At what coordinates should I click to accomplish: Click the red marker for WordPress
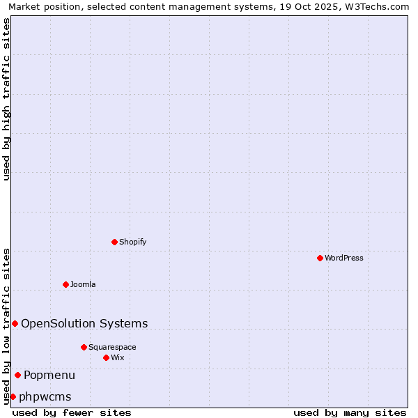[x=320, y=258]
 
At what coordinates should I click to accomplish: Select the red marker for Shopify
[x=114, y=242]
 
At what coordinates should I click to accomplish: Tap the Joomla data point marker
[x=65, y=284]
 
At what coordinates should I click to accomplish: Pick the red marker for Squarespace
[x=84, y=347]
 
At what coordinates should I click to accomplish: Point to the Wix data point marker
[x=106, y=357]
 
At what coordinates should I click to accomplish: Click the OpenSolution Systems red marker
[x=15, y=323]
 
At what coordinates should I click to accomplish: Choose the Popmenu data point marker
[x=17, y=375]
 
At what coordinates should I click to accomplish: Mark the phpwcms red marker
[x=13, y=396]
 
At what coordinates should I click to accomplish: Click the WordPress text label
[x=344, y=258]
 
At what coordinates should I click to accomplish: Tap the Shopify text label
[x=133, y=242]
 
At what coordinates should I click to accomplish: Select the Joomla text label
[x=83, y=284]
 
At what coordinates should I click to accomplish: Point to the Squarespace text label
[x=112, y=347]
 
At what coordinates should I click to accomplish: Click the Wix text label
[x=118, y=357]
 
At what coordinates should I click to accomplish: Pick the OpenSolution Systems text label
[x=84, y=323]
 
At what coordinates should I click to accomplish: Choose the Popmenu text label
[x=49, y=375]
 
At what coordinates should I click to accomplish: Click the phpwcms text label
[x=45, y=396]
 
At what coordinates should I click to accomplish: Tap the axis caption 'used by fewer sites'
[x=72, y=412]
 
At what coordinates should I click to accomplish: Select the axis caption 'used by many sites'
[x=350, y=412]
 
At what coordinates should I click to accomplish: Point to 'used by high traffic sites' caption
[x=6, y=99]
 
